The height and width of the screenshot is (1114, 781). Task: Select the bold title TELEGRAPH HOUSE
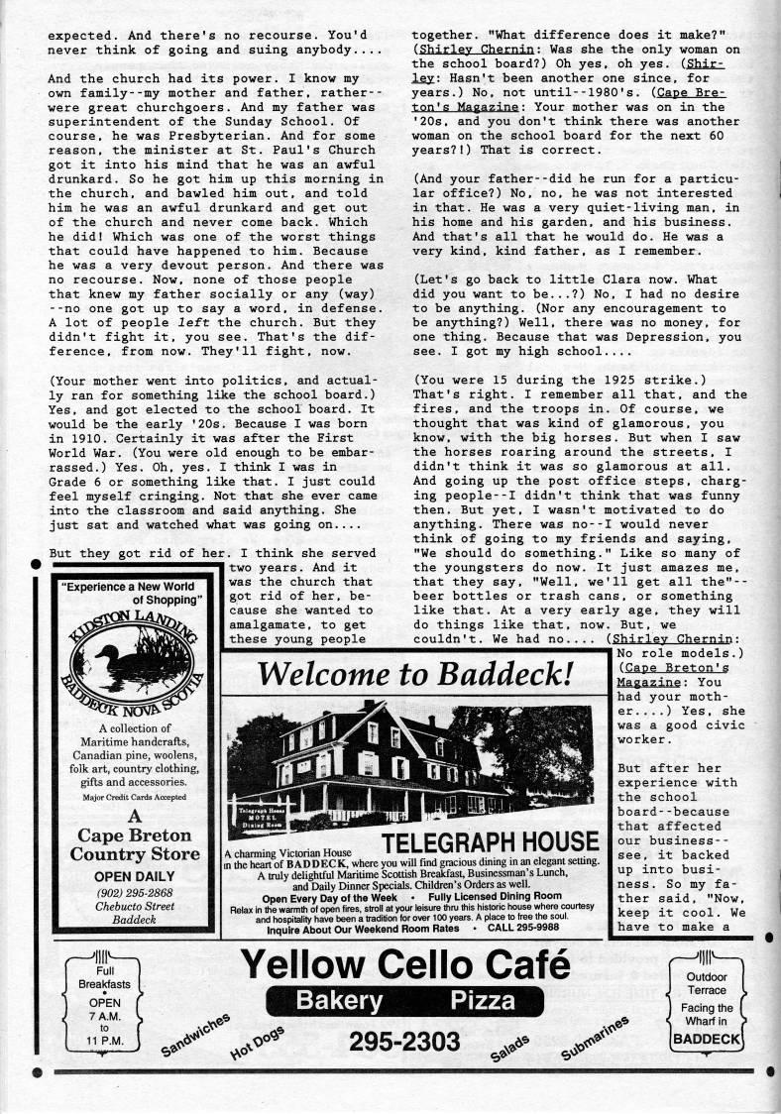click(490, 842)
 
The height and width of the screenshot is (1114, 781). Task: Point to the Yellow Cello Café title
click(405, 963)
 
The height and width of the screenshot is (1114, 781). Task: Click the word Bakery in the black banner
click(337, 1000)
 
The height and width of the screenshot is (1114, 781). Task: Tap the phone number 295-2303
click(403, 1042)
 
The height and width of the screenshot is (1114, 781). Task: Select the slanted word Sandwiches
click(194, 1037)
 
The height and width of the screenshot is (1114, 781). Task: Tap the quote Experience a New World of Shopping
click(134, 593)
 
